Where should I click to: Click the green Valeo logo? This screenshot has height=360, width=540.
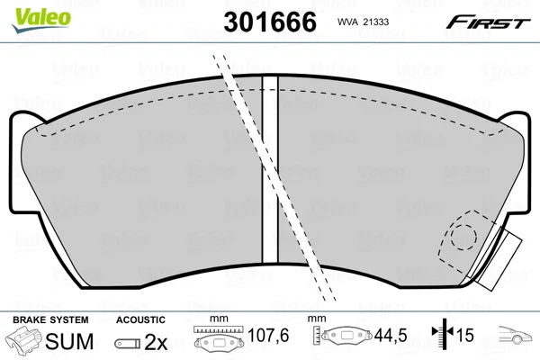[x=41, y=20]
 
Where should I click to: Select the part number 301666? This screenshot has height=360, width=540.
[x=270, y=22]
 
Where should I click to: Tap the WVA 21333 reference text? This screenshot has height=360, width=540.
[x=363, y=22]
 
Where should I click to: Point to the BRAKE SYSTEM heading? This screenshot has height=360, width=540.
[x=50, y=319]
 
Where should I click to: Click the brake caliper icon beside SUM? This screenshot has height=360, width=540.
[x=24, y=339]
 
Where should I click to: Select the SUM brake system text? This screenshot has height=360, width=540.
[x=69, y=341]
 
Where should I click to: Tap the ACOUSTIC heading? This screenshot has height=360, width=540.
[x=140, y=319]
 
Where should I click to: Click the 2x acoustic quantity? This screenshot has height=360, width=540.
[x=156, y=342]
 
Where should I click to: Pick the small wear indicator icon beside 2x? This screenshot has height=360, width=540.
[x=128, y=343]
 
